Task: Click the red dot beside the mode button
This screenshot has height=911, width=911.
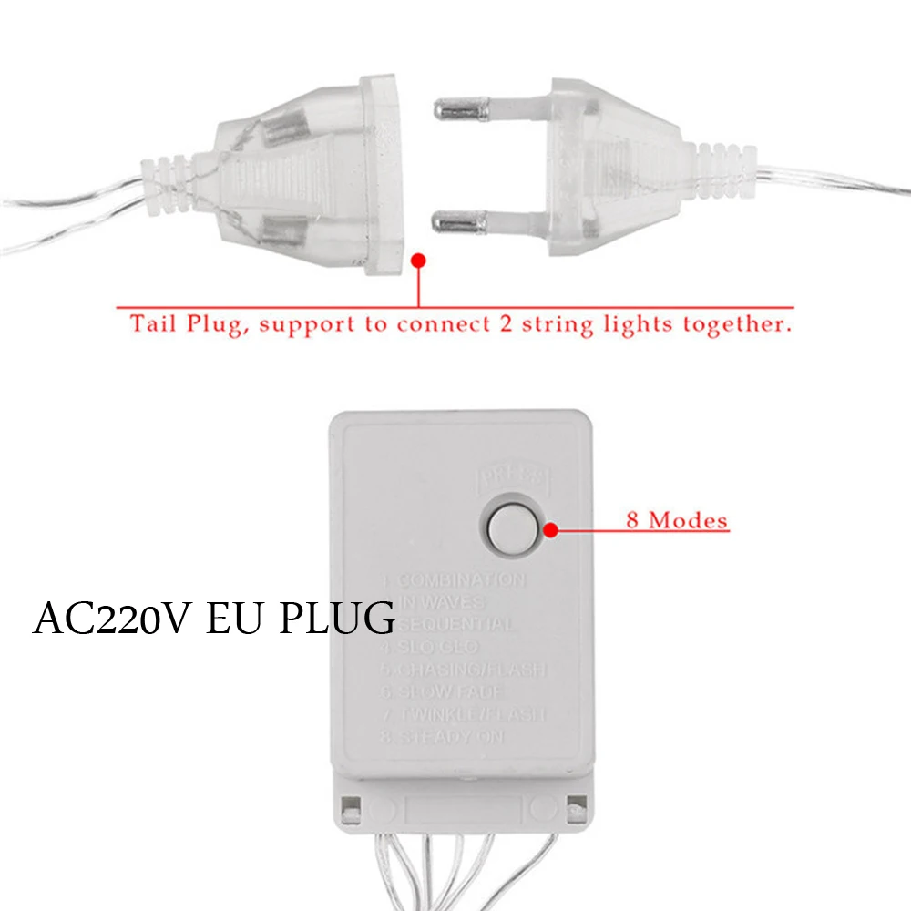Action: tap(550, 527)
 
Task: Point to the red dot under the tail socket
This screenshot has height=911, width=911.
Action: tap(418, 261)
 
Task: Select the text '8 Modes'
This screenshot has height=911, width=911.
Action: tap(677, 521)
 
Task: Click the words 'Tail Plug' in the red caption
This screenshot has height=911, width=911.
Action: tap(186, 324)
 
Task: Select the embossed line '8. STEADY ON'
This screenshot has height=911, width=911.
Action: tap(442, 736)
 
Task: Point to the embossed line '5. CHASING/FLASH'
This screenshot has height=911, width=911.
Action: tap(462, 670)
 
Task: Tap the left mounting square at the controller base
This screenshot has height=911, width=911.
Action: tap(349, 806)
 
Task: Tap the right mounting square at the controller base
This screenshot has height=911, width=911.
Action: tap(574, 806)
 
